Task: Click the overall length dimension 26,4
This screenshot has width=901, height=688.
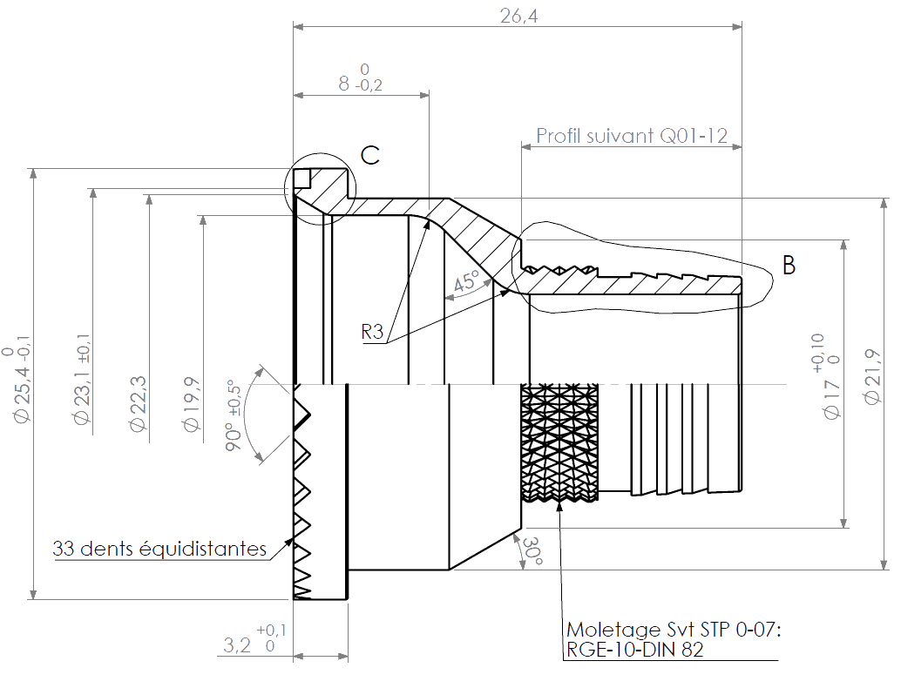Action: [x=518, y=16]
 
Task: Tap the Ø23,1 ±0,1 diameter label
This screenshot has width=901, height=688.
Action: [x=82, y=379]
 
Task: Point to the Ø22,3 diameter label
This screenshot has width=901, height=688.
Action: [x=138, y=403]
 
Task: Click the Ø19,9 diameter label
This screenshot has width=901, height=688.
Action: [x=192, y=404]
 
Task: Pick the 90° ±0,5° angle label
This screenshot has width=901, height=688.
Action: [x=234, y=415]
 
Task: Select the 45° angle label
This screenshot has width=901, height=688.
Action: [x=466, y=281]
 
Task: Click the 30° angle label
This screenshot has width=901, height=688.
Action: [x=532, y=551]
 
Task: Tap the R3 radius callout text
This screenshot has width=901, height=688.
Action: [x=372, y=331]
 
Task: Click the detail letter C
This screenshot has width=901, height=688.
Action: [x=370, y=155]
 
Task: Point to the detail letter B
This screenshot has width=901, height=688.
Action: [x=789, y=265]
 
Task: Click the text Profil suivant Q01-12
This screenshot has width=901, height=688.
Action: [x=632, y=136]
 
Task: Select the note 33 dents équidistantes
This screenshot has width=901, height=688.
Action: [x=159, y=549]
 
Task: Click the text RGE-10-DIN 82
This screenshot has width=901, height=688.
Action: [x=635, y=650]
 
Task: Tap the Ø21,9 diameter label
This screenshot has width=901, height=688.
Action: [x=872, y=377]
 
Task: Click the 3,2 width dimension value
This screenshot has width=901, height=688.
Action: [x=237, y=645]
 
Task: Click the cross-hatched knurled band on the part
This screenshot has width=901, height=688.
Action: [x=559, y=442]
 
